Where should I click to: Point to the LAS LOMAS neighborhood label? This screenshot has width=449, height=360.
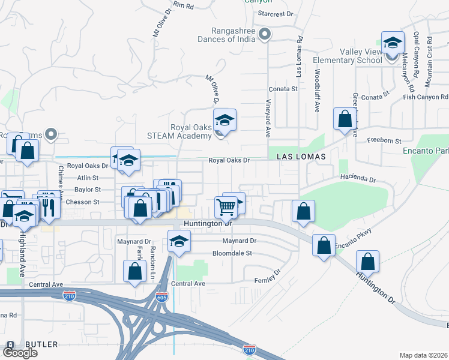click(x=301, y=156)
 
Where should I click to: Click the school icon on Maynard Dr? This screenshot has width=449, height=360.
click(x=178, y=241)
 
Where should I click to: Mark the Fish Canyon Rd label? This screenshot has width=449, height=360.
click(x=426, y=97)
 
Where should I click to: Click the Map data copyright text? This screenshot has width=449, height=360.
click(x=424, y=355)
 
